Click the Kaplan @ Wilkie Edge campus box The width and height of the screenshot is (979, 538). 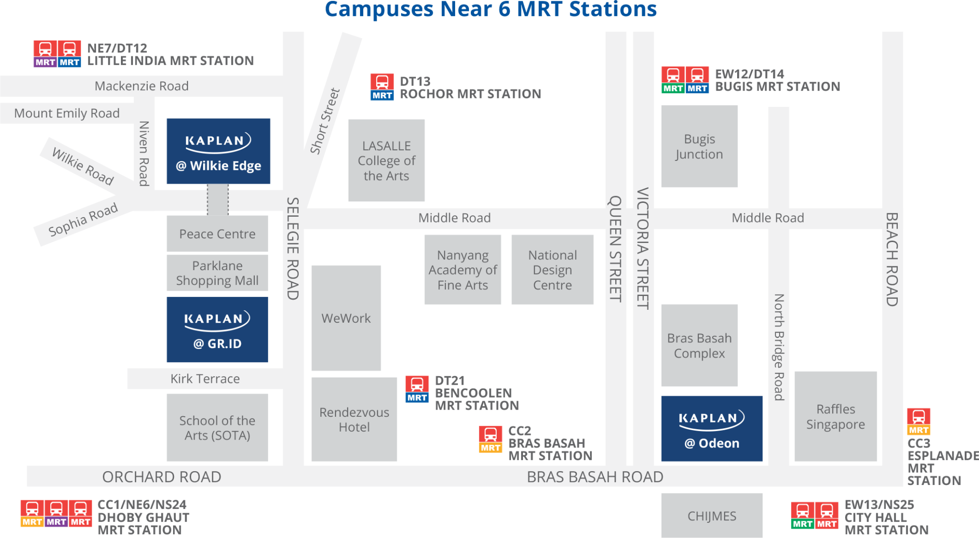coord(218,151)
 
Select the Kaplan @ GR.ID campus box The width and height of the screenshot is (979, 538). coord(218,329)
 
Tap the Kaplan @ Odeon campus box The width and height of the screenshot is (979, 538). coord(712,428)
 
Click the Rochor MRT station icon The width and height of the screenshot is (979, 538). coord(382,87)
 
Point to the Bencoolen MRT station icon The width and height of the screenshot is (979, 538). coord(417,390)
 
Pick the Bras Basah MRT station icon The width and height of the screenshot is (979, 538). coord(490,439)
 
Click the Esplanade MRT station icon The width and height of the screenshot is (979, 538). coord(919,422)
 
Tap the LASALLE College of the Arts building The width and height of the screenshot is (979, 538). coord(386,160)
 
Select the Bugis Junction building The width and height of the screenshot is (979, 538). coord(699,147)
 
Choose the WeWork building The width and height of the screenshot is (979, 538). coord(346,318)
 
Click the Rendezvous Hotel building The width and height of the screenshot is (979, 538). coord(354,419)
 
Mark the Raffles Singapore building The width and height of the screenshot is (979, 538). coord(836,416)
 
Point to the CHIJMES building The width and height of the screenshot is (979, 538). coord(712,516)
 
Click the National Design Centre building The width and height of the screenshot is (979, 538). coord(552,270)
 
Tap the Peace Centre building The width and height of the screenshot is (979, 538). coord(217,233)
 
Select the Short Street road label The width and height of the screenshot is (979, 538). coord(325,121)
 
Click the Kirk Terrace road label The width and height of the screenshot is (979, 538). coord(205,379)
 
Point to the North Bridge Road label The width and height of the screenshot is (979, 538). coord(779,347)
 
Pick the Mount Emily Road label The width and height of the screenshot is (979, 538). coord(67,113)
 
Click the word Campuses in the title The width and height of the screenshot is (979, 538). coord(378,9)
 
